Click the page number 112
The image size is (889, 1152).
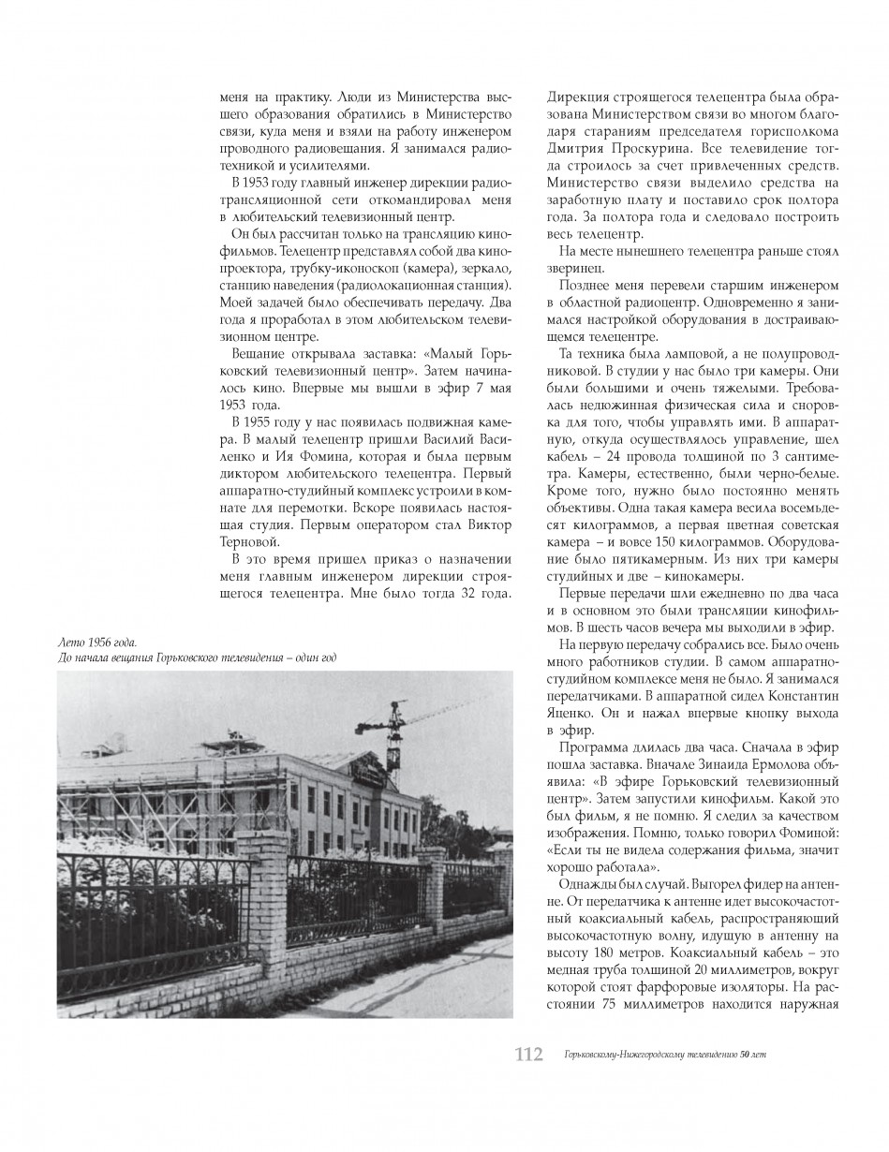529,1054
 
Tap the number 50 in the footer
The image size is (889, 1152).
745,1056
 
